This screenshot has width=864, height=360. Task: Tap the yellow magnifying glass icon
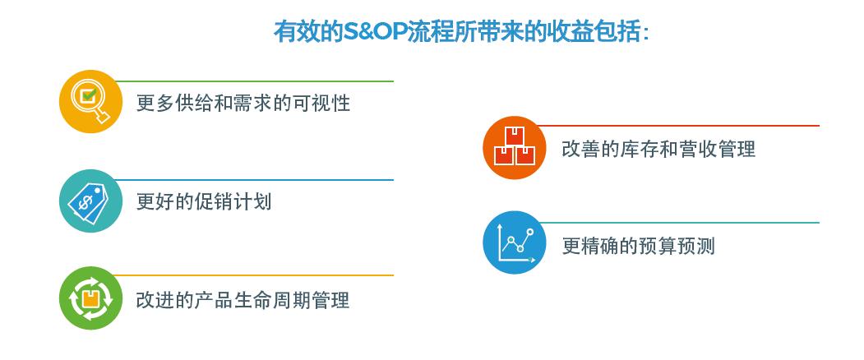tap(91, 101)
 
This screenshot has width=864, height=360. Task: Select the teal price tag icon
tap(91, 201)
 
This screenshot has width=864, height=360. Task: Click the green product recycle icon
tap(91, 298)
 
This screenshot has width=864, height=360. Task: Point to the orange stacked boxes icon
tap(515, 148)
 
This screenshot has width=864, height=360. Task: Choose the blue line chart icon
tap(515, 242)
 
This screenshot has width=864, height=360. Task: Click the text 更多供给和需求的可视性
tap(243, 103)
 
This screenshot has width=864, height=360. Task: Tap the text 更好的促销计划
tap(204, 201)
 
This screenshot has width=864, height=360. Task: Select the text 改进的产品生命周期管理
tap(243, 301)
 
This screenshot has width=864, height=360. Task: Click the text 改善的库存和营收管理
tap(658, 149)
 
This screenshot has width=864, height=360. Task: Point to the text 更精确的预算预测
tap(638, 246)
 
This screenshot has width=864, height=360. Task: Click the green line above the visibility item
tap(255, 81)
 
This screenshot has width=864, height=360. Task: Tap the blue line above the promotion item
tap(255, 180)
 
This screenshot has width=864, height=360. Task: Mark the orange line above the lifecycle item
tap(255, 275)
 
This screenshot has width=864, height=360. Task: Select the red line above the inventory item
tap(679, 126)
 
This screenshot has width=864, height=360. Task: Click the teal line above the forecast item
tap(679, 223)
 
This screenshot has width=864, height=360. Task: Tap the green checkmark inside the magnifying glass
tap(88, 95)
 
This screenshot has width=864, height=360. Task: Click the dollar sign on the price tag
tap(85, 204)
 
